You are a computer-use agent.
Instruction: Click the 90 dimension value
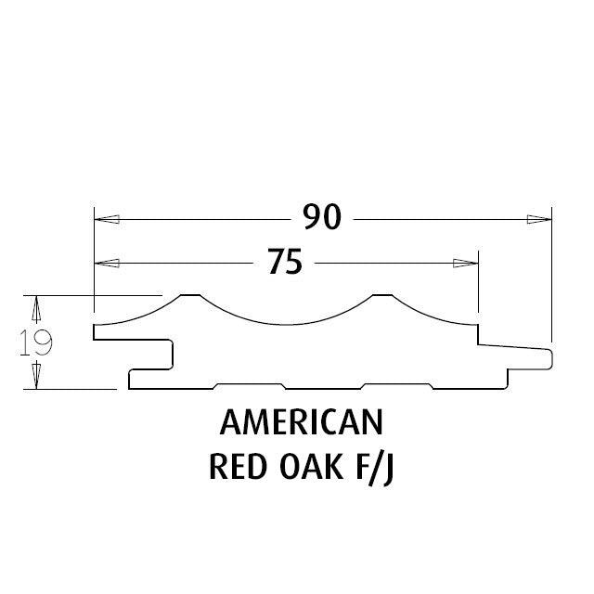322,217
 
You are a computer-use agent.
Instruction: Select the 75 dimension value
285,261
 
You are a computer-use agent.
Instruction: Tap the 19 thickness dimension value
36,342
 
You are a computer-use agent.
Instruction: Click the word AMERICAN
302,422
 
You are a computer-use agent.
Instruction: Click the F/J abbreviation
375,469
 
